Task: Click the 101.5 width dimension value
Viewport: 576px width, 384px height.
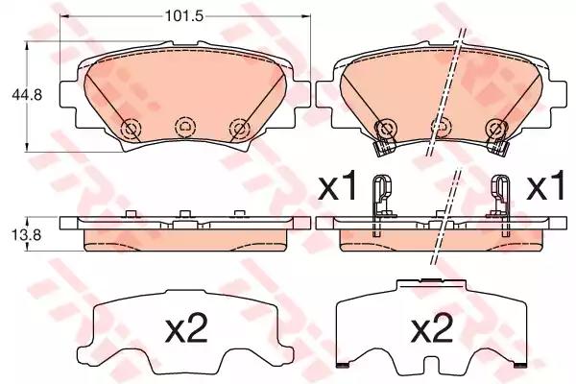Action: (x=184, y=15)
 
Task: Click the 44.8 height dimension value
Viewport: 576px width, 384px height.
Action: (x=27, y=95)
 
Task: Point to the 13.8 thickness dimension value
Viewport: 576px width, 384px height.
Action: (x=27, y=235)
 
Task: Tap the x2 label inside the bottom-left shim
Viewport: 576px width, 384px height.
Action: (x=187, y=330)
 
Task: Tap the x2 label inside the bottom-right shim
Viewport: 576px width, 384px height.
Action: (x=432, y=329)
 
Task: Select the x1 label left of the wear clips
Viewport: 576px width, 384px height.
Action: (x=337, y=186)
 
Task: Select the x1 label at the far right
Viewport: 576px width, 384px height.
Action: (x=545, y=186)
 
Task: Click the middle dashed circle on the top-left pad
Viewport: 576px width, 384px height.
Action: (x=185, y=127)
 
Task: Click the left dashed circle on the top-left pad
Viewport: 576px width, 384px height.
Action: (x=132, y=129)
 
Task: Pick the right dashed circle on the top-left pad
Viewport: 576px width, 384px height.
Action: (x=240, y=129)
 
